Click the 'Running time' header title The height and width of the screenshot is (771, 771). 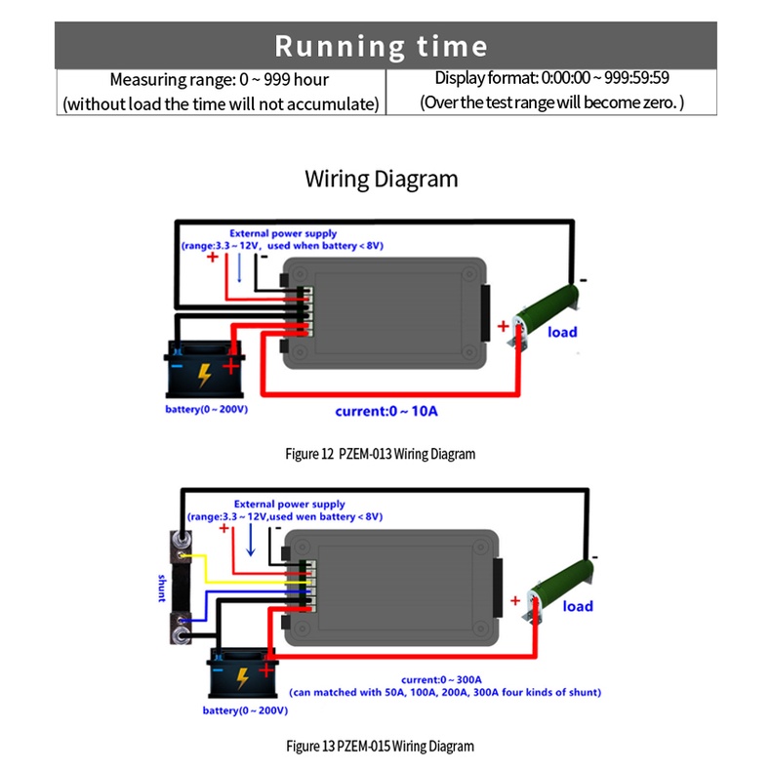[381, 47]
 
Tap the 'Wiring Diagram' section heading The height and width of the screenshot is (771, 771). [381, 179]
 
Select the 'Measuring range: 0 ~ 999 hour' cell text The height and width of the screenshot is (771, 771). [220, 80]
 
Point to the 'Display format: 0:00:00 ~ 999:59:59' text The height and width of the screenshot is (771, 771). [551, 78]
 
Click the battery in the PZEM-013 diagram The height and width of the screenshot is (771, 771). [205, 369]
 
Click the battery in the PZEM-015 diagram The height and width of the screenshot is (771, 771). [243, 672]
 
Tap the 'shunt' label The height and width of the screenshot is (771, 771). [162, 588]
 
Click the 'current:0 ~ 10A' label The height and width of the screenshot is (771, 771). [386, 411]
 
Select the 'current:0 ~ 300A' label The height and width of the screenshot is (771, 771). [441, 679]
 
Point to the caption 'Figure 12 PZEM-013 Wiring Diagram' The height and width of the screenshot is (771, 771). [380, 454]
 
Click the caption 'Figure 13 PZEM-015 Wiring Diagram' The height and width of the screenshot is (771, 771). [380, 746]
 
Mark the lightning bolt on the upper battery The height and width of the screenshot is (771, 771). [204, 375]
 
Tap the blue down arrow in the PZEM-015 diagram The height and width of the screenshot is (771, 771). [251, 540]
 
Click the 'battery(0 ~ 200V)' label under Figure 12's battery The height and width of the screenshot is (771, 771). [207, 409]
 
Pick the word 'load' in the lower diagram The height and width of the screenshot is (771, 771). [578, 606]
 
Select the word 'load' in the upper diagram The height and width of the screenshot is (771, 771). [562, 332]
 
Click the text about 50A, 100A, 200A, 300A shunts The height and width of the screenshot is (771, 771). [445, 692]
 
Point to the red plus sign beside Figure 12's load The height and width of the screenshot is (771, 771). [503, 326]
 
